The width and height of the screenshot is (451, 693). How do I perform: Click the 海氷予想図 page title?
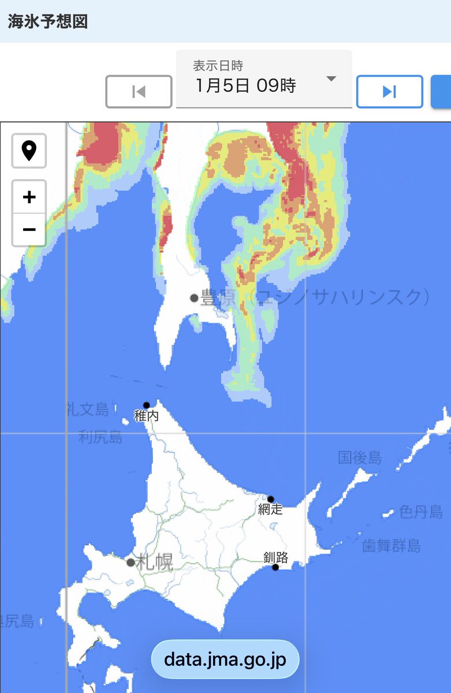click(48, 21)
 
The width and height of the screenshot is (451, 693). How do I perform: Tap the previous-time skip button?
click(139, 92)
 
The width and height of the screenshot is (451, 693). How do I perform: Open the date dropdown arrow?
click(331, 79)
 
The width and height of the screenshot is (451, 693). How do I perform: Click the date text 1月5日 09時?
click(246, 86)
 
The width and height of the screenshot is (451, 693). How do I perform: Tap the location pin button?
click(29, 151)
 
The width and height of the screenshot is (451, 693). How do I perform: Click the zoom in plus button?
click(29, 197)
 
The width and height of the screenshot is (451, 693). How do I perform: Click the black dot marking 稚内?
click(147, 405)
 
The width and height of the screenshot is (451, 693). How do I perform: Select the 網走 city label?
click(270, 509)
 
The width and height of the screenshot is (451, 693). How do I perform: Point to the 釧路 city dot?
click(275, 567)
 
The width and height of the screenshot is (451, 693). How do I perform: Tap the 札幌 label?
click(155, 562)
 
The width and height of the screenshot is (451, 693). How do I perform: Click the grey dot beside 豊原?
click(194, 298)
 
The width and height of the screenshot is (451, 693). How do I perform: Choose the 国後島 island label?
click(360, 458)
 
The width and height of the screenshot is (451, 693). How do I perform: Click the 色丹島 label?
click(421, 512)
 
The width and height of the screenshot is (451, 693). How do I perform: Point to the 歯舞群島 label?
click(392, 546)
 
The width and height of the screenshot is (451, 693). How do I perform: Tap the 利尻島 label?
click(100, 437)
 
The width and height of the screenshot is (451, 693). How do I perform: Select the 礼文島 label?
click(88, 410)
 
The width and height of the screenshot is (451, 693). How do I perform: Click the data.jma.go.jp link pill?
click(225, 659)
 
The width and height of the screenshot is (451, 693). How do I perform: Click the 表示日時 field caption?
click(218, 66)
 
